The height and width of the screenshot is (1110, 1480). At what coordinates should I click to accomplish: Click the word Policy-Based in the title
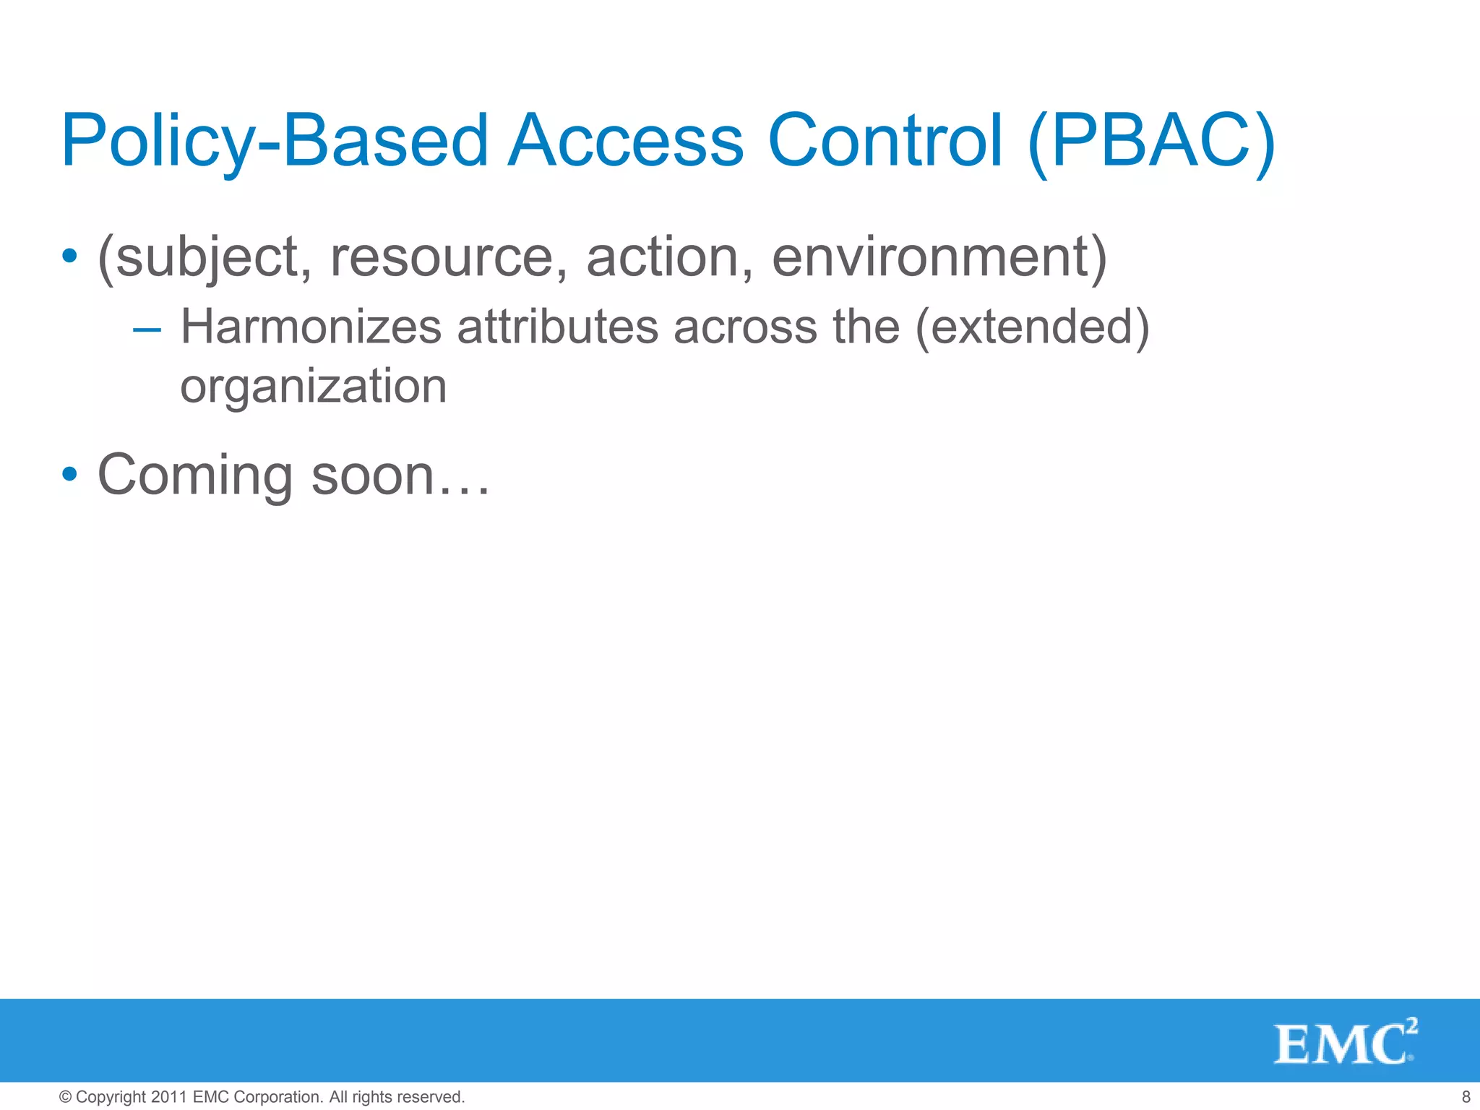tap(275, 141)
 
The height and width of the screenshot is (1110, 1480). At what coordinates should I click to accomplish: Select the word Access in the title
tap(625, 141)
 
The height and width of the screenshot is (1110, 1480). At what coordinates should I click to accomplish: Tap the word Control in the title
tap(885, 141)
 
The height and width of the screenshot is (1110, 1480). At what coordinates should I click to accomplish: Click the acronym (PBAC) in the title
tap(1151, 141)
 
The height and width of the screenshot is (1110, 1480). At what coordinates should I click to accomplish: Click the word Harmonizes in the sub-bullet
tap(311, 327)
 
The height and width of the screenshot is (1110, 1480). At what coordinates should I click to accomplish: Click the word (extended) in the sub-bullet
tap(1032, 327)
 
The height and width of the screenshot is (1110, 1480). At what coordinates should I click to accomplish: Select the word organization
tap(313, 387)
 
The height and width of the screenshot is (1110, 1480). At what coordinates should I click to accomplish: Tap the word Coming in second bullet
tap(195, 476)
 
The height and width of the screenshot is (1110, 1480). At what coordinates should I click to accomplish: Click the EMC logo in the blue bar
tap(1344, 1042)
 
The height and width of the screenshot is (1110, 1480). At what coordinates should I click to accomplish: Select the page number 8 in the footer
tap(1466, 1097)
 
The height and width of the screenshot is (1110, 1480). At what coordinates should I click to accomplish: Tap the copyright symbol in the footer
tap(65, 1097)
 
